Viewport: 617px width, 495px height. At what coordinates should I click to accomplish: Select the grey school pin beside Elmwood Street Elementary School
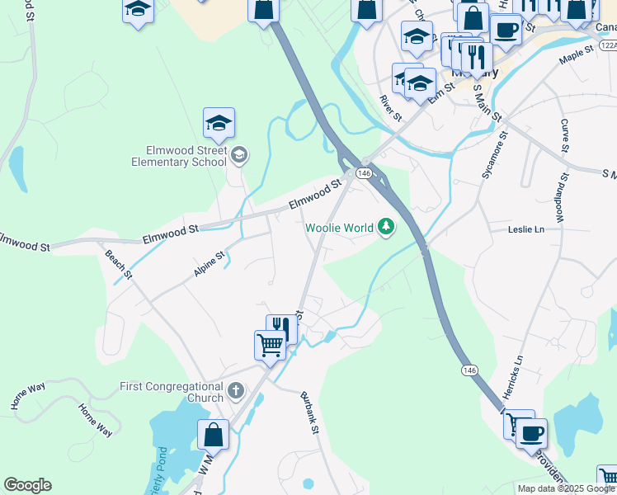(238, 154)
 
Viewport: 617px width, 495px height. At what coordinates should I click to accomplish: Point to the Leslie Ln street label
(527, 229)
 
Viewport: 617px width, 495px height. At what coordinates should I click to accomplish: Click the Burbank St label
(308, 411)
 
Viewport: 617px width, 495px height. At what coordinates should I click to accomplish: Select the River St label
(390, 108)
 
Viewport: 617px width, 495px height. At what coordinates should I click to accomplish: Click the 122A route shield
(607, 45)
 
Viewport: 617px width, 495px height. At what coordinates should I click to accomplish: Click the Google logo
(27, 485)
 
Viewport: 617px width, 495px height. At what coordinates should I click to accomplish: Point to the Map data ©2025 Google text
(565, 488)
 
